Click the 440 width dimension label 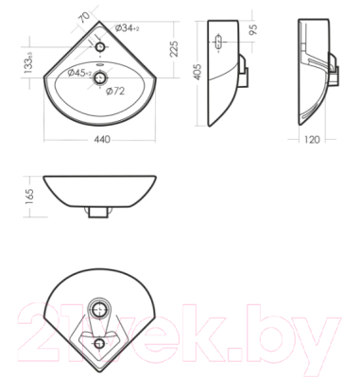pos(102,139)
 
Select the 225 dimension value pos(174,49)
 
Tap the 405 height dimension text pos(197,72)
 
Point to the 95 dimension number pos(254,28)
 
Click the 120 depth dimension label pos(313,139)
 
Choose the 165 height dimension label pos(28,197)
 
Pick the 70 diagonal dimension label pos(84,17)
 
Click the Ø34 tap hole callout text pos(128,28)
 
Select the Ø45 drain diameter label pos(79,73)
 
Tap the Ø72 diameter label pos(115,91)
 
